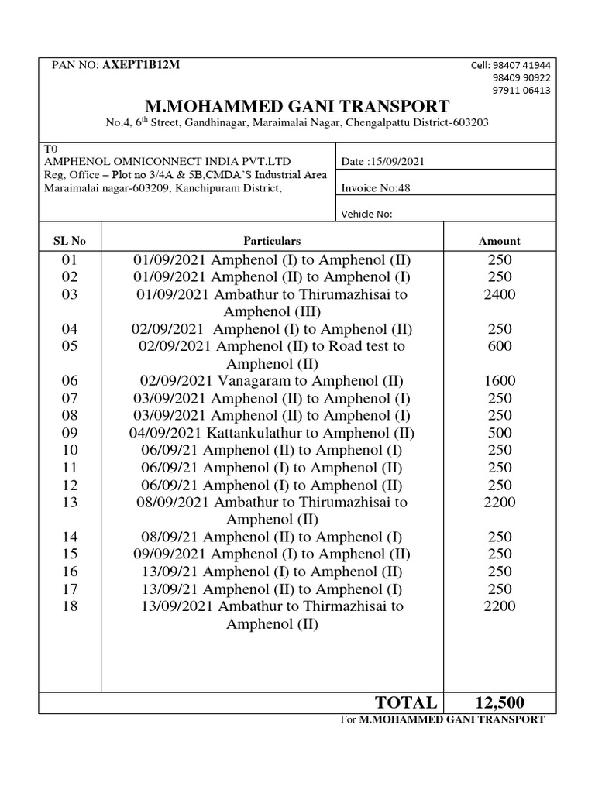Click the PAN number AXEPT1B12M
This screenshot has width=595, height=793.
[x=140, y=64]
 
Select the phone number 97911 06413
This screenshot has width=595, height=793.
[x=521, y=90]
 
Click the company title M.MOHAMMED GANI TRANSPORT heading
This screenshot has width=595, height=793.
[x=297, y=106]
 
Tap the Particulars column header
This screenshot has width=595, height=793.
[x=272, y=241]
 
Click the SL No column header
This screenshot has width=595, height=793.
[x=69, y=241]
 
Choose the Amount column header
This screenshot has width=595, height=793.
[x=500, y=241]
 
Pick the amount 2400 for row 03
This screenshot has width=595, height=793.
[x=500, y=294]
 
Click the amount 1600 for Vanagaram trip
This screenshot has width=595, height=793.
[x=500, y=381]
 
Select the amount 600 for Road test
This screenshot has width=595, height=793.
[x=500, y=346]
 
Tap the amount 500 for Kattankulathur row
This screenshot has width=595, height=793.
[x=500, y=433]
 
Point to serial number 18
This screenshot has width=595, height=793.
[x=70, y=606]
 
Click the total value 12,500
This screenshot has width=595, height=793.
[x=499, y=702]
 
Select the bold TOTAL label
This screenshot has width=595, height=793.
[x=406, y=702]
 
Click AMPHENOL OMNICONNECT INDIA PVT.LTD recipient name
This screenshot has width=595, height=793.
[x=167, y=161]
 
